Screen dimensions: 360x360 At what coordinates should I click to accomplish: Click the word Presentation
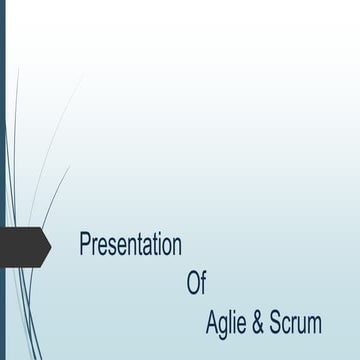[x=130, y=245]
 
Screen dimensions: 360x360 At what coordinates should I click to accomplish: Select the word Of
[x=196, y=283]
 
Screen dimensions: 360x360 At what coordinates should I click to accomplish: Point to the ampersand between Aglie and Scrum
[x=258, y=323]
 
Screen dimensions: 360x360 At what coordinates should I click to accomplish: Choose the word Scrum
[x=296, y=323]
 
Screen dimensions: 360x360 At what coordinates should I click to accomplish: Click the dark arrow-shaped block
[x=24, y=246]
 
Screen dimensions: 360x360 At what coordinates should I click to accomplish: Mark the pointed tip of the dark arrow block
[x=50, y=246]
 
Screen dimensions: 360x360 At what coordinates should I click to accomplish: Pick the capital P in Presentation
[x=85, y=244]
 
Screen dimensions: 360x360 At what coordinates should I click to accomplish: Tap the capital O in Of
[x=193, y=283]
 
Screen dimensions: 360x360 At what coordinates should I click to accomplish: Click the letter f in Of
[x=203, y=283]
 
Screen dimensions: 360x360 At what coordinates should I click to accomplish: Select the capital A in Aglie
[x=212, y=323]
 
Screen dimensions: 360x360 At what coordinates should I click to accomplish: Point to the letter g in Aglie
[x=224, y=326]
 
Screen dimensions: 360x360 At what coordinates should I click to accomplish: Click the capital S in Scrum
[x=275, y=323]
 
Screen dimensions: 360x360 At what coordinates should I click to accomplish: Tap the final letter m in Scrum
[x=314, y=325]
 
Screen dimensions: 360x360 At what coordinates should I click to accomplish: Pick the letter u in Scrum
[x=302, y=325]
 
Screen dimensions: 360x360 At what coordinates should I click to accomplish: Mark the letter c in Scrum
[x=286, y=325]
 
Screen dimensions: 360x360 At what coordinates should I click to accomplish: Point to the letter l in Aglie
[x=231, y=322]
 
